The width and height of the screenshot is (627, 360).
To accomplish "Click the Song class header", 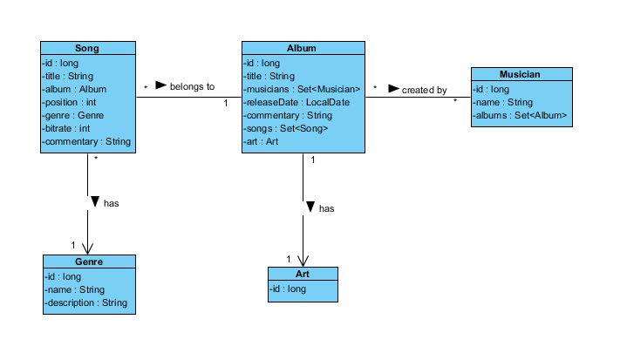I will (x=87, y=49).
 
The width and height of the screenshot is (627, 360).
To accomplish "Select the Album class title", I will (x=302, y=49).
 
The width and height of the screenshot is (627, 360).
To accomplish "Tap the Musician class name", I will (x=521, y=75).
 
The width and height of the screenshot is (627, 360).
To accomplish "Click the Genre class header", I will (x=89, y=262).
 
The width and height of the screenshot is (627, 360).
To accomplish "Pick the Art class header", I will (x=302, y=274).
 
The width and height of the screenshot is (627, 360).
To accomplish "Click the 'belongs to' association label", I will (x=192, y=86).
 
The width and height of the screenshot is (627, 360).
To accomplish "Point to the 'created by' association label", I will (x=424, y=90).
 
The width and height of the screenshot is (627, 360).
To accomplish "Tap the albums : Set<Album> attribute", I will (x=521, y=115).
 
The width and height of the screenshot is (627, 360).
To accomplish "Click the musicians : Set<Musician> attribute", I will (x=302, y=89).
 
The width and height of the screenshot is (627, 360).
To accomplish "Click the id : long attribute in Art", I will (x=288, y=289).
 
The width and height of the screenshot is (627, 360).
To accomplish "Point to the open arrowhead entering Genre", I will (x=87, y=248).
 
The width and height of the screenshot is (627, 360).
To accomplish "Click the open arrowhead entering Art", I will (x=303, y=260).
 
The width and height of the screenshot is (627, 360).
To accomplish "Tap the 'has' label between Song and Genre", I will (x=111, y=203).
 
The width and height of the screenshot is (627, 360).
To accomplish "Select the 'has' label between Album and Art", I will (x=326, y=208).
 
